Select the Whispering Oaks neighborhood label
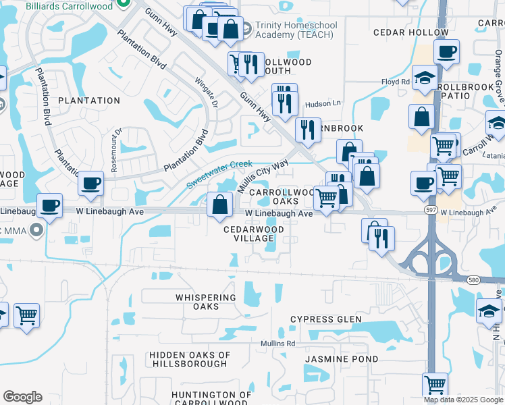197,302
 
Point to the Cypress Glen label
325,319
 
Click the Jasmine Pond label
341,359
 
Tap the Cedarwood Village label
254,234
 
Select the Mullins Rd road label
278,344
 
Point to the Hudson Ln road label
323,104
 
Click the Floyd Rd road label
396,82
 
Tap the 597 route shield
430,211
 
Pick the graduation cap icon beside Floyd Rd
425,78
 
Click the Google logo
22,397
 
